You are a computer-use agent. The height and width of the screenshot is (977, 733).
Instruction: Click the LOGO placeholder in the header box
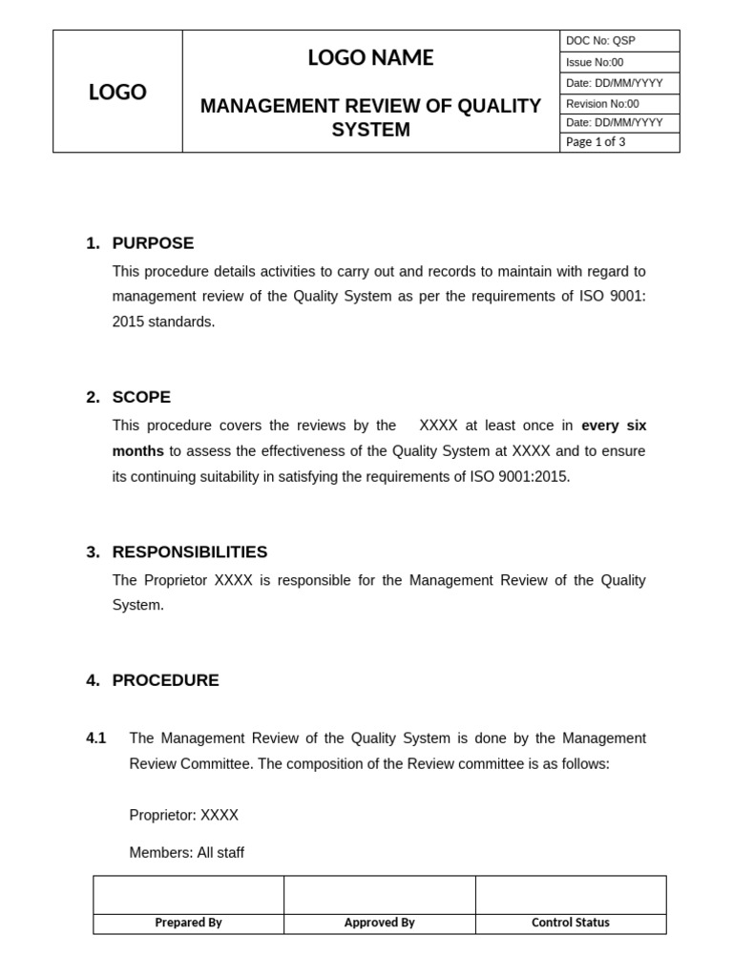[x=117, y=93]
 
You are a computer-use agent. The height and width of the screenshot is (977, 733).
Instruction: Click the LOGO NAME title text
[x=370, y=58]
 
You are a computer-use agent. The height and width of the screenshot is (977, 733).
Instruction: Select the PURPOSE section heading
[x=153, y=243]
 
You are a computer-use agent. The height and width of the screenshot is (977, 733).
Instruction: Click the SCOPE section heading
[x=141, y=398]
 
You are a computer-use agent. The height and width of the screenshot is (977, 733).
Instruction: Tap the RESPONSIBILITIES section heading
[x=190, y=552]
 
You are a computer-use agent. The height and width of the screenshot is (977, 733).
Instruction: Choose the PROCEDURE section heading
[x=165, y=681]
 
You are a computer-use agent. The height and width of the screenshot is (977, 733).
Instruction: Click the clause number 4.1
[x=96, y=738]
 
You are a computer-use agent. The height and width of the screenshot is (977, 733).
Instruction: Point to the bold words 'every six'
[x=614, y=426]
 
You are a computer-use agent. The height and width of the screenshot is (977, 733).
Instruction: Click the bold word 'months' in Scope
[x=137, y=451]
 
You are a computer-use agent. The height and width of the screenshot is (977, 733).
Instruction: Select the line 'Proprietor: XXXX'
[x=184, y=816]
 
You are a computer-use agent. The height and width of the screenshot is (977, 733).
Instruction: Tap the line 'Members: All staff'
[x=186, y=853]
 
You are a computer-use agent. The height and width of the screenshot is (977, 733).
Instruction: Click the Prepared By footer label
[x=188, y=923]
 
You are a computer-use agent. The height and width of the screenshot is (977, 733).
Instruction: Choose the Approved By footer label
[x=379, y=923]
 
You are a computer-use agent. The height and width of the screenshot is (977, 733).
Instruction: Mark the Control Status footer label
[x=571, y=923]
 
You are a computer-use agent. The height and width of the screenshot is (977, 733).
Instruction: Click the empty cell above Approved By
[x=379, y=895]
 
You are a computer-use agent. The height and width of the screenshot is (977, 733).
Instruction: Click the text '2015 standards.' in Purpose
[x=163, y=322]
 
